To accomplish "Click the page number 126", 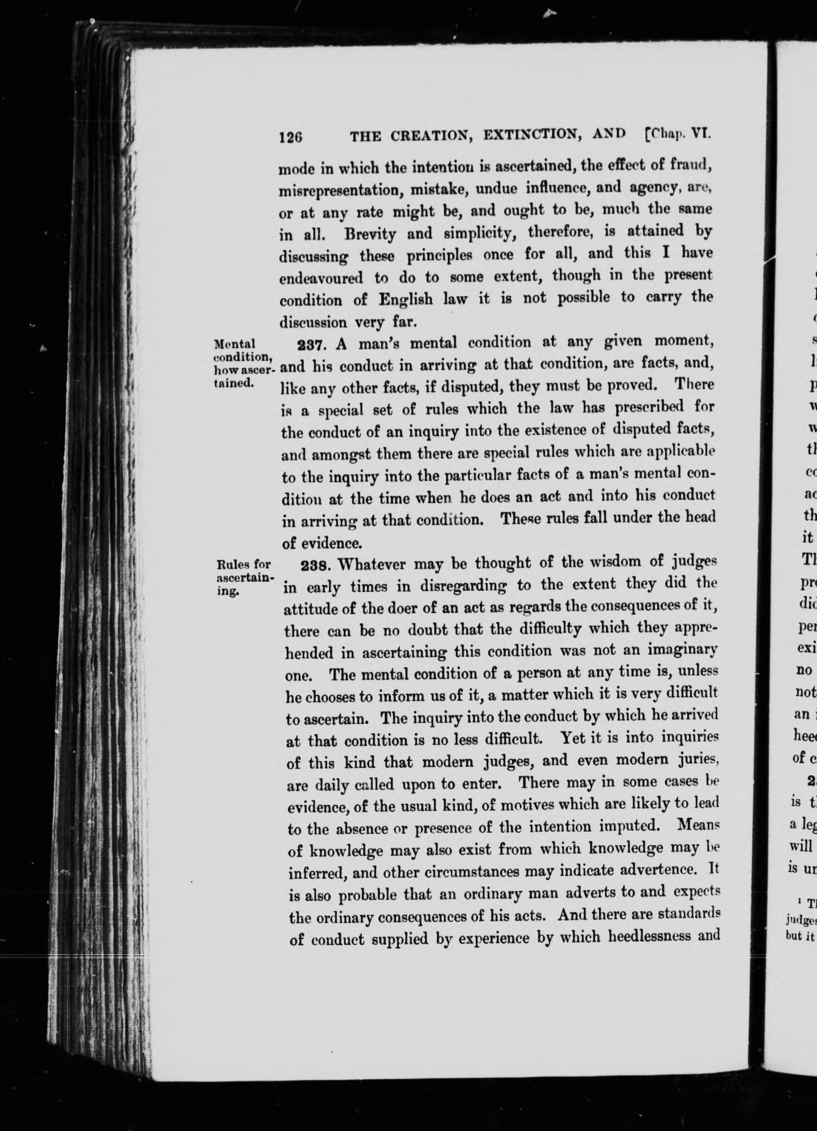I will coord(290,137).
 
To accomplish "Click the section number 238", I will coord(313,565).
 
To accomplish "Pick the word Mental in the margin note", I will coord(234,344).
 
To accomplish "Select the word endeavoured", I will coord(321,278).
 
